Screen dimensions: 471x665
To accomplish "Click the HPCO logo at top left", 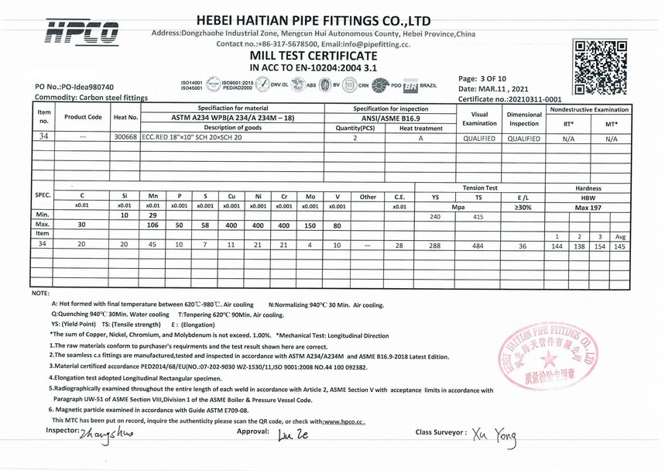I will (x=82, y=31).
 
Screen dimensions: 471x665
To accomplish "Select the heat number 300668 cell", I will (x=125, y=136).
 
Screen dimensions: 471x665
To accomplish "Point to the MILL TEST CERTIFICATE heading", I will (x=314, y=57).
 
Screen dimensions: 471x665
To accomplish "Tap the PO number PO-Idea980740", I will (x=74, y=87).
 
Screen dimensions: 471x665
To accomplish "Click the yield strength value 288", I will (x=435, y=245).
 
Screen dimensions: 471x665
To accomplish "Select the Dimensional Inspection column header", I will (x=524, y=119).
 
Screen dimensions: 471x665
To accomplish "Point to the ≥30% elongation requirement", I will (x=523, y=207).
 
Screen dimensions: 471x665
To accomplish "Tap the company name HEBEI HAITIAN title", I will (x=314, y=19).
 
